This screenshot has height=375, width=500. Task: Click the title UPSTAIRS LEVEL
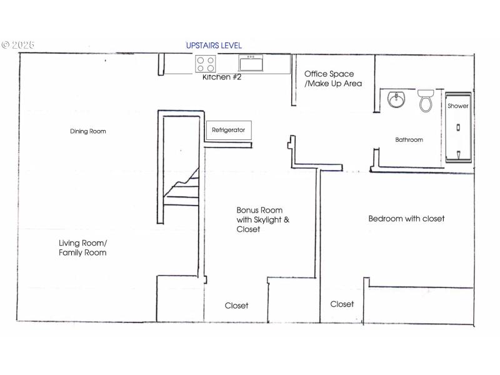pyautogui.click(x=214, y=46)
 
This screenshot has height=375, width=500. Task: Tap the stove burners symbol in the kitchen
pyautogui.click(x=206, y=63)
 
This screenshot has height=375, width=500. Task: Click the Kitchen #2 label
pyautogui.click(x=221, y=77)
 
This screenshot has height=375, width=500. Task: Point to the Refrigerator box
pyautogui.click(x=228, y=130)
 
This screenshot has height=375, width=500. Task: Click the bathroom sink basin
pyautogui.click(x=396, y=99)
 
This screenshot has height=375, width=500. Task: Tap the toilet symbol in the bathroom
pyautogui.click(x=426, y=99)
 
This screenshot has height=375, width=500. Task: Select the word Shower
pyautogui.click(x=457, y=106)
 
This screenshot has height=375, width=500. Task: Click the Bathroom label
pyautogui.click(x=409, y=140)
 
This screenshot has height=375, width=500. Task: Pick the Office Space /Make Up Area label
pyautogui.click(x=332, y=79)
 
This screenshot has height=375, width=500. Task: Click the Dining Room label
pyautogui.click(x=87, y=131)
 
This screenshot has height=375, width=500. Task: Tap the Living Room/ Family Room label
pyautogui.click(x=82, y=247)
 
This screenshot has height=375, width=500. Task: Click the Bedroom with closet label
pyautogui.click(x=406, y=219)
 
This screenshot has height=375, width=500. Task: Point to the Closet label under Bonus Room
pyautogui.click(x=236, y=306)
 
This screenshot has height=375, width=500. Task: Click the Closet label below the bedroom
pyautogui.click(x=342, y=304)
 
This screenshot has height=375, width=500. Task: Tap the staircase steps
pyautogui.click(x=181, y=187)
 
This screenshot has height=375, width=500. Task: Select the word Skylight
pyautogui.click(x=272, y=220)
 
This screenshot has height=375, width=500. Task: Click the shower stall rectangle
pyautogui.click(x=458, y=131)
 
